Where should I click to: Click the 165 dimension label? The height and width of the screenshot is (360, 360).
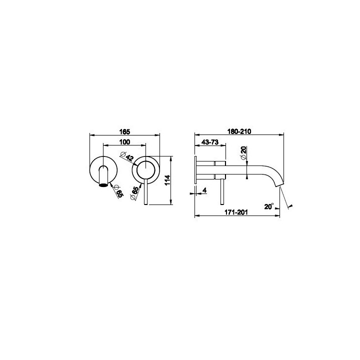[x=124, y=132]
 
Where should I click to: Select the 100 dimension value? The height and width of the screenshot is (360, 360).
[x=124, y=142]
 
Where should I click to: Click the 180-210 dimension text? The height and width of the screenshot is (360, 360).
[x=239, y=131]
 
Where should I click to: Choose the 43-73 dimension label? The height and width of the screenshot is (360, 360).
[x=210, y=142]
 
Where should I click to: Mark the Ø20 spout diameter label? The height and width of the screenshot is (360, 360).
[x=243, y=153]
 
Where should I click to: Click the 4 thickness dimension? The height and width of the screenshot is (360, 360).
[x=205, y=190]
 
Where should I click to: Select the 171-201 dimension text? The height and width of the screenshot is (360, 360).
[x=236, y=212]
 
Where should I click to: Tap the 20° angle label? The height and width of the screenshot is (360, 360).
[x=269, y=206]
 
